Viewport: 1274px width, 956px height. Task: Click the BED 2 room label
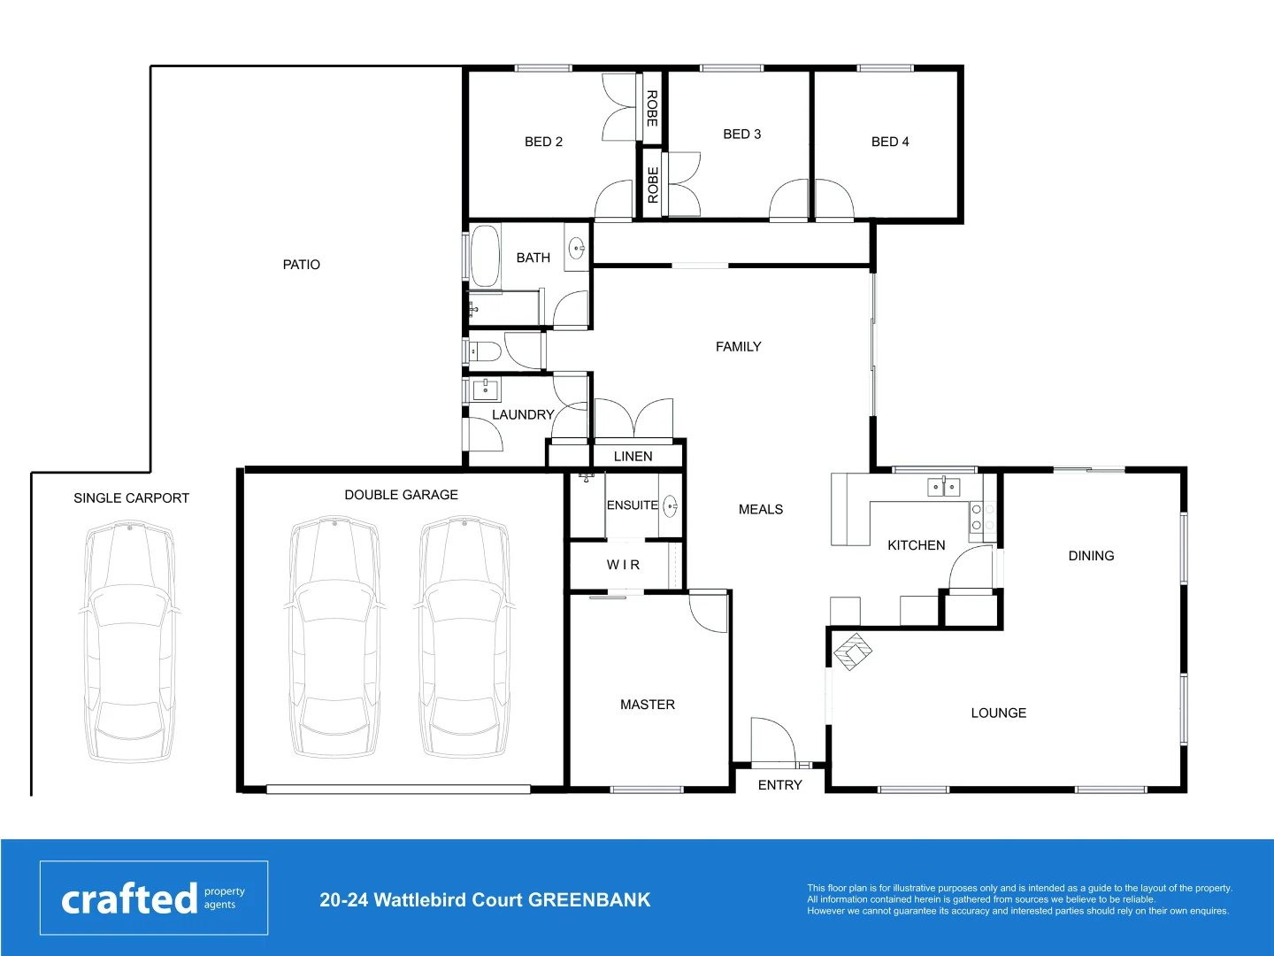tap(543, 142)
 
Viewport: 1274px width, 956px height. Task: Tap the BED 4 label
tap(890, 142)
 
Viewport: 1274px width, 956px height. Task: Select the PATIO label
tap(301, 265)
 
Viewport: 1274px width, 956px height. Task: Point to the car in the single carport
tap(129, 642)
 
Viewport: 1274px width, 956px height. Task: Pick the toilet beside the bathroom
tap(483, 352)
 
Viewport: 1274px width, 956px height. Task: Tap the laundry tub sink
tap(486, 389)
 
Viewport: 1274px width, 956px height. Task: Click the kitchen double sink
tap(943, 487)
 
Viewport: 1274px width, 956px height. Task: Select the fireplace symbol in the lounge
tap(852, 651)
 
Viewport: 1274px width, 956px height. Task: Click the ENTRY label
tap(779, 785)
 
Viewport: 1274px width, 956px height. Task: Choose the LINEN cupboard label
tap(633, 457)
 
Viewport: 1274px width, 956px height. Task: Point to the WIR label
tap(623, 565)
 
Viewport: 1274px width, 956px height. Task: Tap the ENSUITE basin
tap(671, 506)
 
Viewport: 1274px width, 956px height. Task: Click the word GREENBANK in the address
tap(589, 900)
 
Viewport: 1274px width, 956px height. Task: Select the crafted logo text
tap(129, 898)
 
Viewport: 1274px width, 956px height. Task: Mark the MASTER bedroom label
tap(647, 705)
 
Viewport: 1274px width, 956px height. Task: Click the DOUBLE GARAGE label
tap(401, 495)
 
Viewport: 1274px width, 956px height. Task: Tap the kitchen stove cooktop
tap(977, 518)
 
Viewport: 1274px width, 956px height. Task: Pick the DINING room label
tap(1091, 556)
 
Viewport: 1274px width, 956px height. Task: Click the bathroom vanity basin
tap(576, 247)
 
